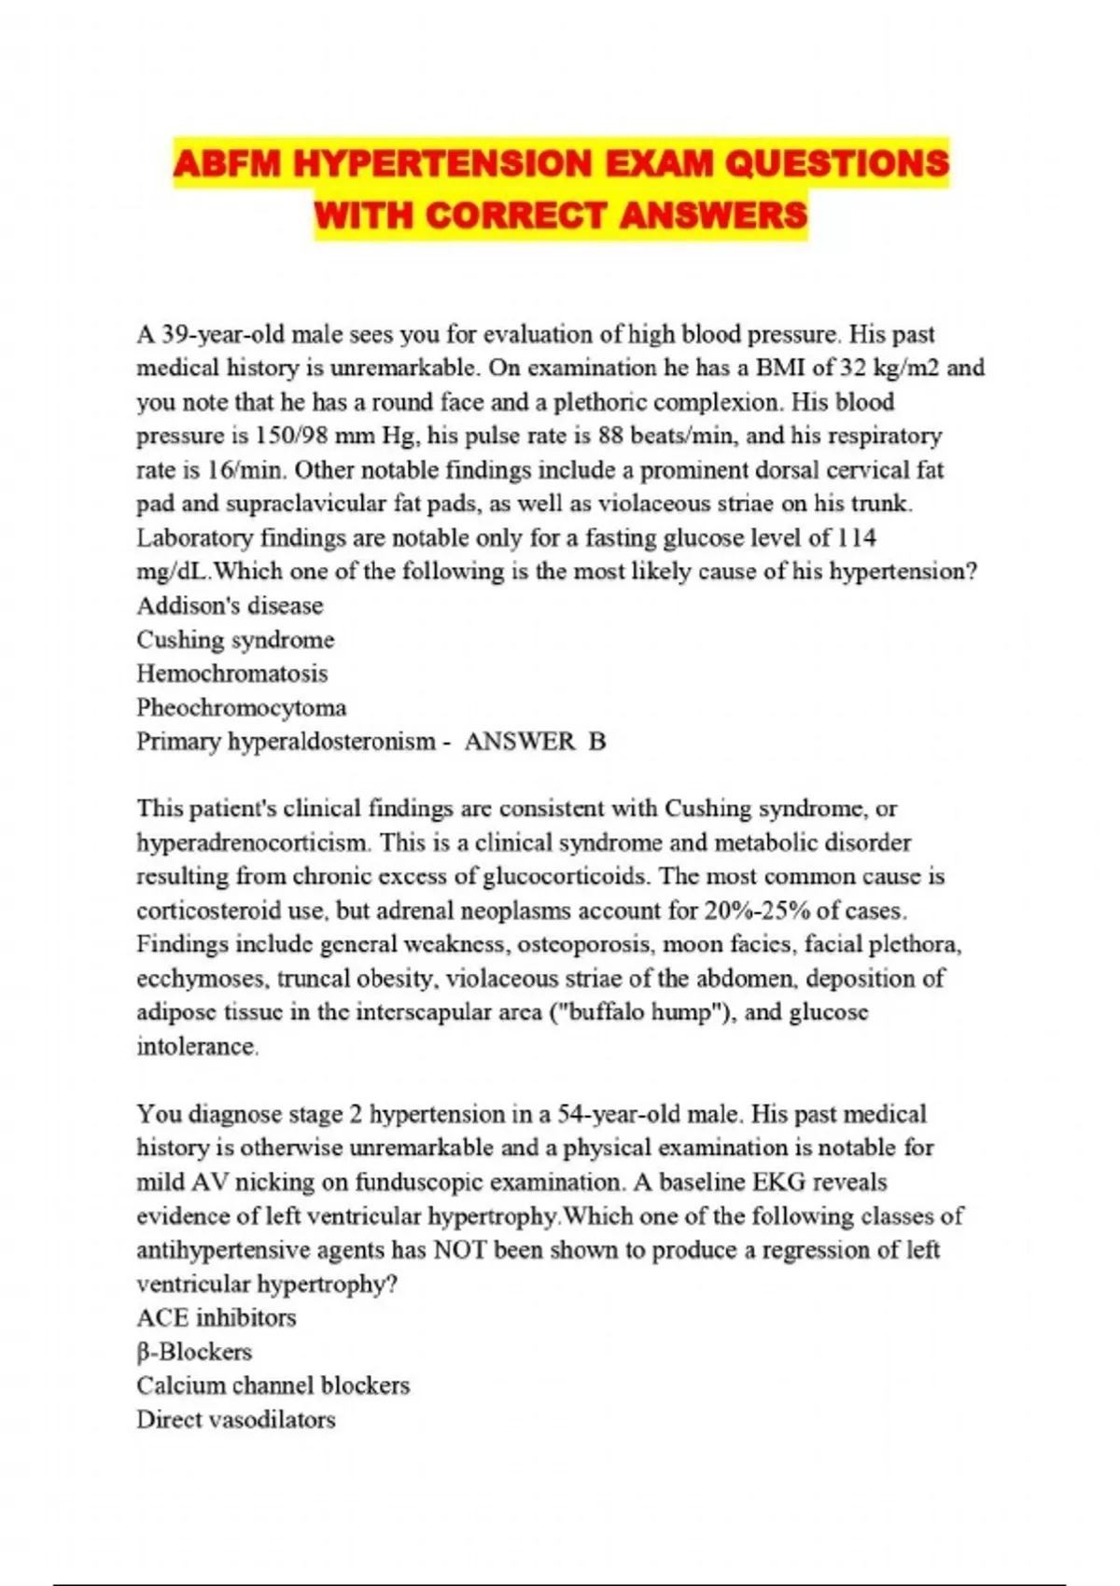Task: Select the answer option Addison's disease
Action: point(230,605)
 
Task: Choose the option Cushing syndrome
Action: point(235,640)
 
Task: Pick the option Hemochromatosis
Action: point(232,674)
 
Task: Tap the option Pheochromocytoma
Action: point(241,707)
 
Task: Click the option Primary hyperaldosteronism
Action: point(286,742)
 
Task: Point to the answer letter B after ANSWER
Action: point(597,742)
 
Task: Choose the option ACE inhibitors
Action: point(216,1318)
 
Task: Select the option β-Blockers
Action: point(194,1352)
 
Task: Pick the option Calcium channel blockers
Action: point(273,1385)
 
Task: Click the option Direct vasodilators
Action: point(235,1420)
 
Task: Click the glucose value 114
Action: point(857,538)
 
